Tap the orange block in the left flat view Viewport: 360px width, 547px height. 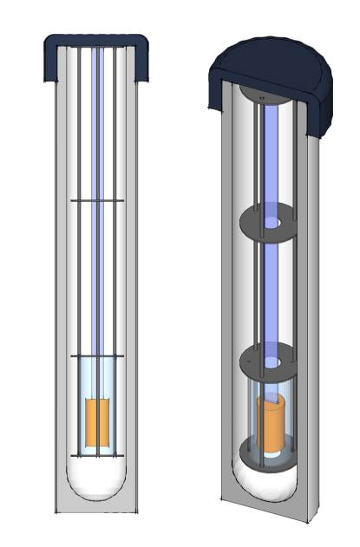pos(96,421)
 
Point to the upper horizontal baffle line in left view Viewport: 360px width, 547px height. pos(96,201)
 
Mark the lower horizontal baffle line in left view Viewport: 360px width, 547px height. pos(96,355)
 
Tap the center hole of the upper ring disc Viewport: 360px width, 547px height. pos(273,223)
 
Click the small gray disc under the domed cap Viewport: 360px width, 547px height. pos(260,92)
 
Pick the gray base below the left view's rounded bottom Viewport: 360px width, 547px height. pos(96,506)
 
